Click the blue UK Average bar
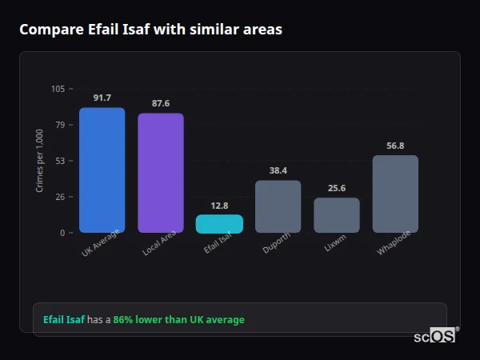click(102, 170)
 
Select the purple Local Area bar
click(160, 173)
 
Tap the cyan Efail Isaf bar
click(219, 224)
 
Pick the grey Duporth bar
click(278, 206)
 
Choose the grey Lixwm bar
click(336, 215)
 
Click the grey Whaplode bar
click(395, 194)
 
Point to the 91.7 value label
click(102, 98)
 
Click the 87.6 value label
click(160, 103)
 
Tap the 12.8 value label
click(219, 206)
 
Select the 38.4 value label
click(278, 170)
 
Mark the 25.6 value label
click(336, 188)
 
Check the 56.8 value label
click(395, 146)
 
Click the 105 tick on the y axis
click(58, 89)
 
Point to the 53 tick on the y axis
click(60, 161)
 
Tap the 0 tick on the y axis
click(62, 233)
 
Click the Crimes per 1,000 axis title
click(39, 161)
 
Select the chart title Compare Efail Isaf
click(150, 30)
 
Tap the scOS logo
click(434, 336)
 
